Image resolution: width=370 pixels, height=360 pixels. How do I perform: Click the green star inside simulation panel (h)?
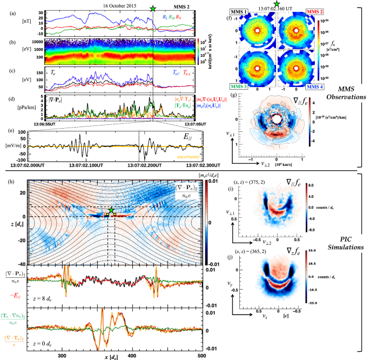pos(111,210)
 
